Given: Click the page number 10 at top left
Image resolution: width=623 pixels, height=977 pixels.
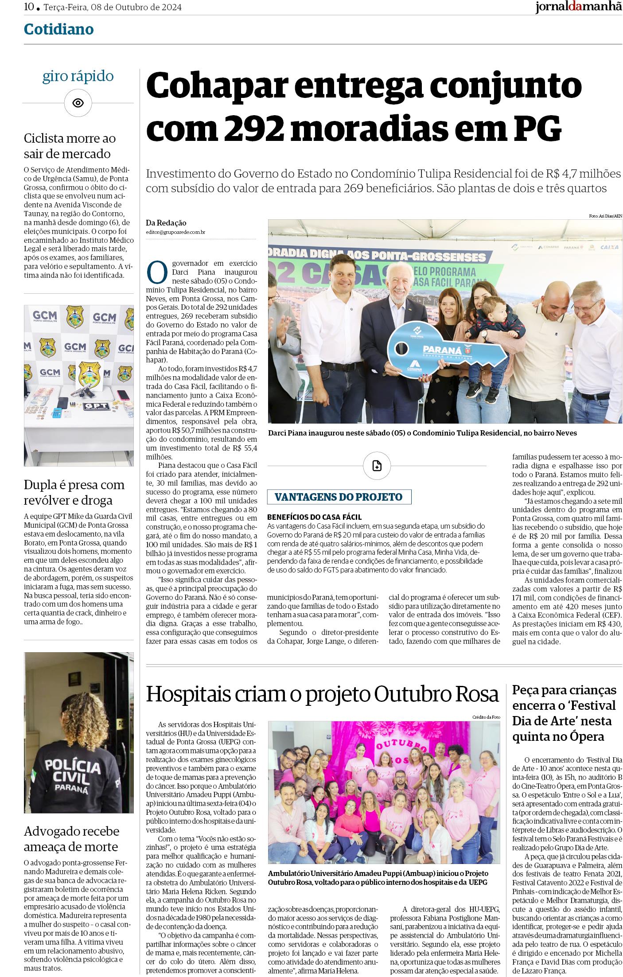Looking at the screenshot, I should pyautogui.click(x=29, y=7).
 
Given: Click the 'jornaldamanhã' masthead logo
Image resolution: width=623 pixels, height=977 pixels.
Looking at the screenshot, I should pyautogui.click(x=578, y=8).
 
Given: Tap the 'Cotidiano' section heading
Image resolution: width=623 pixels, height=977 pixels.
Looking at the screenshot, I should pyautogui.click(x=59, y=29).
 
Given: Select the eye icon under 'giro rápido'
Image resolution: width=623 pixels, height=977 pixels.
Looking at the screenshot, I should pyautogui.click(x=78, y=103).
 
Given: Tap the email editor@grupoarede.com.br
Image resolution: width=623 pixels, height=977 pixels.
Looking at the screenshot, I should pyautogui.click(x=175, y=232).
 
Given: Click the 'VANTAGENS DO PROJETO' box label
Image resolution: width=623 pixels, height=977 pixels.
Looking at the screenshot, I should pyautogui.click(x=339, y=497).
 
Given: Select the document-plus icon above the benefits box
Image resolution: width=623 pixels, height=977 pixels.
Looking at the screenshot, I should pyautogui.click(x=377, y=466).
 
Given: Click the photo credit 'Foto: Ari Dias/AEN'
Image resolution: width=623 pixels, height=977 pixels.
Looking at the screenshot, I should pyautogui.click(x=605, y=216).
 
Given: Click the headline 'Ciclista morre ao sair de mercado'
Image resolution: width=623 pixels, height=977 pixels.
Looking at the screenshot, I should pyautogui.click(x=70, y=146).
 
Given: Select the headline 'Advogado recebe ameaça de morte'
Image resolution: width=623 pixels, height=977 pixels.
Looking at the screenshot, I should pyautogui.click(x=71, y=839).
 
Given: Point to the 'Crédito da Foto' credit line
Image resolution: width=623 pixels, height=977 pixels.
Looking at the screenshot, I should pyautogui.click(x=486, y=717).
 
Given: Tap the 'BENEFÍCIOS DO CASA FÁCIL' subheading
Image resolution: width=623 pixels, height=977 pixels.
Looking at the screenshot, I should pyautogui.click(x=315, y=517).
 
